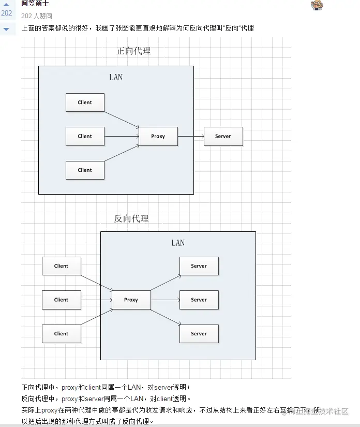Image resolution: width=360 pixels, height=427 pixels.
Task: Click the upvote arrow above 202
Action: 6,5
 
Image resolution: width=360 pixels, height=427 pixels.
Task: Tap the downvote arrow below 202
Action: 6,29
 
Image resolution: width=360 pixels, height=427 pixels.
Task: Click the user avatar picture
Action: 317,5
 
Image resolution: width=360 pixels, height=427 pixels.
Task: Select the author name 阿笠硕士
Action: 35,4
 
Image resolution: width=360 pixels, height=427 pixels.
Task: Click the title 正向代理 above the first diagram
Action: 133,51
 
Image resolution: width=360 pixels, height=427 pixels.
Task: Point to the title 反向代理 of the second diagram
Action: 131,218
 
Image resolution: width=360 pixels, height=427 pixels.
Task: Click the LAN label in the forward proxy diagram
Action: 116,77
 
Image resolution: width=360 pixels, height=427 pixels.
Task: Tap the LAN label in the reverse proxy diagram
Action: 178,243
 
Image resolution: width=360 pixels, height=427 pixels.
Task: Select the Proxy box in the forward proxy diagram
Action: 158,136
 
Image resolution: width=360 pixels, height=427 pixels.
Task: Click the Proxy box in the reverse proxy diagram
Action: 131,300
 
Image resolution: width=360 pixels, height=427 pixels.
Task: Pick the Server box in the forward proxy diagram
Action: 223,136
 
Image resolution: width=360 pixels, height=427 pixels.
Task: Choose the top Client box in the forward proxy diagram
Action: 85,102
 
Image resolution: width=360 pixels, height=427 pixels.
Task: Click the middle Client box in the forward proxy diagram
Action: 85,136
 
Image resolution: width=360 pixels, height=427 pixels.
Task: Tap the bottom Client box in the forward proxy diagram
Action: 85,170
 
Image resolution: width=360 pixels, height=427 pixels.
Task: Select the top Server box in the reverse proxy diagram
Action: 199,266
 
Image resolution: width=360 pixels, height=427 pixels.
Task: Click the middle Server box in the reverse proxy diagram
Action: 199,300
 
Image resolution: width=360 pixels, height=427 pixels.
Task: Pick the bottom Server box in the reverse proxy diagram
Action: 199,334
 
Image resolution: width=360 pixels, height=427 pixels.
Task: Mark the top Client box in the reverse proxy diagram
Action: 62,266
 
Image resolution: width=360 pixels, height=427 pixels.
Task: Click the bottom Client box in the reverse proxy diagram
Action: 62,334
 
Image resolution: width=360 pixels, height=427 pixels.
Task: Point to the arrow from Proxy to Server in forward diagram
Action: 191,137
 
